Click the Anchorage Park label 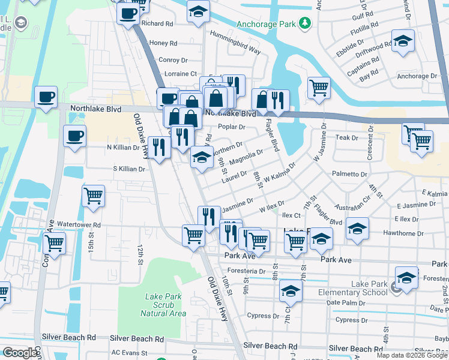pos(266,25)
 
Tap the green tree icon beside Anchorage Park pos(306,23)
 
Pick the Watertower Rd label pos(79,225)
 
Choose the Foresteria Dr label pos(246,271)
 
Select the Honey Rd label pos(163,43)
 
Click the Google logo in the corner pos(20,353)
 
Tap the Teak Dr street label pos(346,137)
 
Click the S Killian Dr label pos(129,169)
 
